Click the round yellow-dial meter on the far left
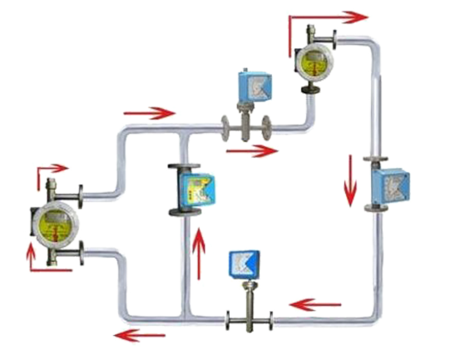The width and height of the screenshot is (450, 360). [x=54, y=224]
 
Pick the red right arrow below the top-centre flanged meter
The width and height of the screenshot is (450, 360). [x=252, y=150]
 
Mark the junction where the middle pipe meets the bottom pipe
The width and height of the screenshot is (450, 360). [x=183, y=316]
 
